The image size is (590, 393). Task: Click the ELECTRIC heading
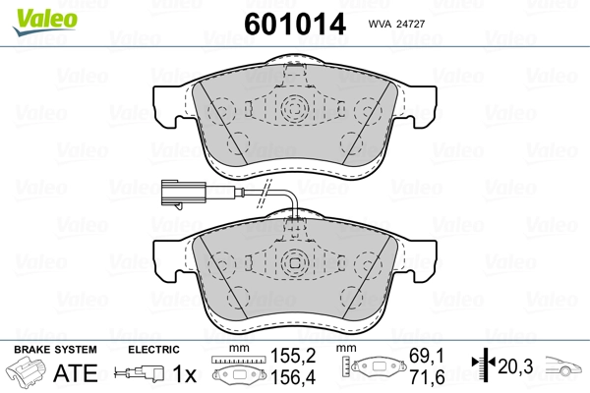click(152, 350)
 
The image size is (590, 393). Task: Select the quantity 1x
click(184, 373)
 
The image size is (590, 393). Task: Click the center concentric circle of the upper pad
click(294, 109)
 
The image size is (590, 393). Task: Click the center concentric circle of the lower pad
click(294, 262)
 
